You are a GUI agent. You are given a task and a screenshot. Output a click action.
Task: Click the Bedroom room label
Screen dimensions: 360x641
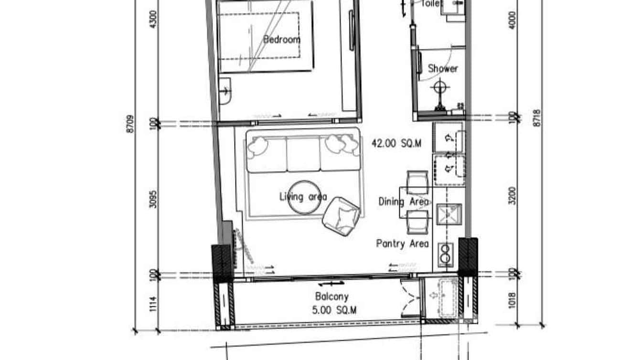point(282,40)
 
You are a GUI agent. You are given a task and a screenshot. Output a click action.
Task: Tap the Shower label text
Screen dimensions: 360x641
point(442,68)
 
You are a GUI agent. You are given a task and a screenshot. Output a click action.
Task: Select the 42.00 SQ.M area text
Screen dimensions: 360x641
point(396,143)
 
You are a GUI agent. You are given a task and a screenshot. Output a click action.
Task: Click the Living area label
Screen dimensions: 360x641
point(303,196)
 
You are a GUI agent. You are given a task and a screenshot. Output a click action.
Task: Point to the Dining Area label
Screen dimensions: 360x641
point(403,201)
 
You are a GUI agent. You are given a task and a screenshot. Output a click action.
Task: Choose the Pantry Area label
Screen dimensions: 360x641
point(402,244)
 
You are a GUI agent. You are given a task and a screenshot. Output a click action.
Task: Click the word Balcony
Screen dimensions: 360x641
point(331,296)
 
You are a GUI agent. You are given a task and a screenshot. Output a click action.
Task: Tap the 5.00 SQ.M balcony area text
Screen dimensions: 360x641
point(334,310)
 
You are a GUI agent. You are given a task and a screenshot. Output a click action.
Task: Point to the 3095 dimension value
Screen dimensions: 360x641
point(153,197)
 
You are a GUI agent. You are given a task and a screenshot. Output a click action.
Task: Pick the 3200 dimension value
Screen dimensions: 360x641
point(513,195)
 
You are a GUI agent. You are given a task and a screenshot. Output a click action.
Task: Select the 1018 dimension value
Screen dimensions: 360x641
point(513,300)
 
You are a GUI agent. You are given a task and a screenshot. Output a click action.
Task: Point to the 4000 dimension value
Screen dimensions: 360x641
point(513,20)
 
